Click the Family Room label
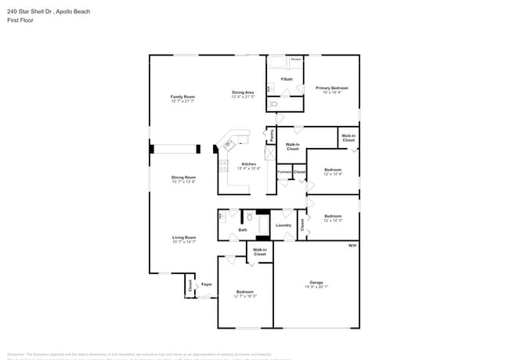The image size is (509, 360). tap(182, 97)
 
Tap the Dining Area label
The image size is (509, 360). tap(243, 92)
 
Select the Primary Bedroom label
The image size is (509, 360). tap(332, 88)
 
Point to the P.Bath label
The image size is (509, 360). tap(287, 79)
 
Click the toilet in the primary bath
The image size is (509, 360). tap(273, 103)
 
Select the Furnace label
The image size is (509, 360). tap(284, 171)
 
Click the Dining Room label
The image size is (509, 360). tap(183, 178)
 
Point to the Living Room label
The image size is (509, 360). tap(184, 237)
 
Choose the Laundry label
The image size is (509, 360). tap(283, 225)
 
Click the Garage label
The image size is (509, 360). tap(316, 283)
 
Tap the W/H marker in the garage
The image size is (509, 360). tap(352, 246)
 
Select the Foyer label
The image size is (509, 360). tap(207, 284)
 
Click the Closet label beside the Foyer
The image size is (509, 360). tap(190, 286)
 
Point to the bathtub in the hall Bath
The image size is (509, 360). tap(263, 225)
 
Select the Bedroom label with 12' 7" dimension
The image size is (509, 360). tap(246, 292)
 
